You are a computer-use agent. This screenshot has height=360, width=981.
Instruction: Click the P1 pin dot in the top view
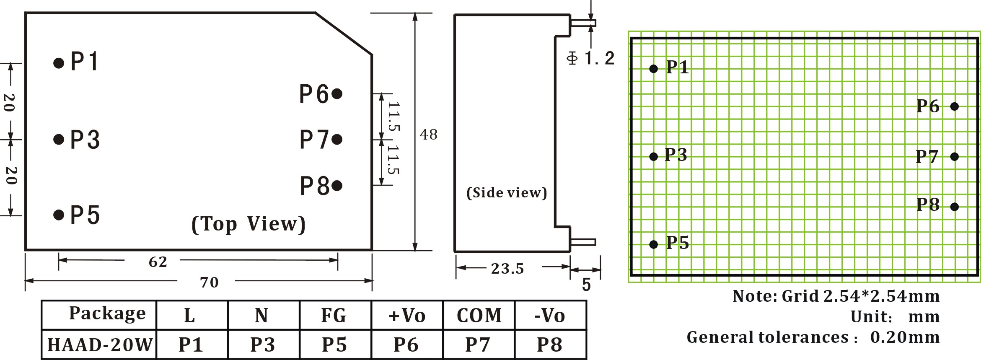[x=59, y=63]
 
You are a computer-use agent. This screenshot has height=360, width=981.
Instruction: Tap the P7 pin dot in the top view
[x=337, y=139]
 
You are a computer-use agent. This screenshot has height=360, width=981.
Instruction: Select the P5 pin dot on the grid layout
[x=653, y=244]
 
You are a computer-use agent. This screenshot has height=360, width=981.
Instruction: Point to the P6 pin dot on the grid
[x=955, y=106]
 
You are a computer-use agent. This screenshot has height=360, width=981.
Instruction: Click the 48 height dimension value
[x=428, y=135]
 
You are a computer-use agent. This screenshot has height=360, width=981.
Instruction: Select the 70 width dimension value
[x=209, y=282]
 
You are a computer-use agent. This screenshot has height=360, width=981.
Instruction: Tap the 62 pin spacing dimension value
[x=158, y=262]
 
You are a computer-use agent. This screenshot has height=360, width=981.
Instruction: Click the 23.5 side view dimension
[x=507, y=269]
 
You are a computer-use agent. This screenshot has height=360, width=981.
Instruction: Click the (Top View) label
[x=248, y=224]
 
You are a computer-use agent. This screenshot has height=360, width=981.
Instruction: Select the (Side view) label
[x=507, y=193]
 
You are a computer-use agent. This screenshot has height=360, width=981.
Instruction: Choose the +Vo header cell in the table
[x=406, y=316]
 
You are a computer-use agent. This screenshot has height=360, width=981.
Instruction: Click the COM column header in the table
[x=479, y=316]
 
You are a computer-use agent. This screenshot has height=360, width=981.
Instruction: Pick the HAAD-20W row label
[x=99, y=345]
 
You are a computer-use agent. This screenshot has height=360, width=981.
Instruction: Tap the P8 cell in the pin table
[x=549, y=345]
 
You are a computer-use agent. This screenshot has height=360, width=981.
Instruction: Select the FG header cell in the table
[x=334, y=316]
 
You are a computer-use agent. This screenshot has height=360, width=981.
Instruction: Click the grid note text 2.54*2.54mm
[x=881, y=296]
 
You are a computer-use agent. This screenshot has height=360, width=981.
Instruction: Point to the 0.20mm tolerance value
[x=905, y=337]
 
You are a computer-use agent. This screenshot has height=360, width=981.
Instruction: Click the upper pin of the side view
[x=583, y=23]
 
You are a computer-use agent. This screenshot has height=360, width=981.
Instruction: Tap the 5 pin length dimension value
[x=586, y=285]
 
